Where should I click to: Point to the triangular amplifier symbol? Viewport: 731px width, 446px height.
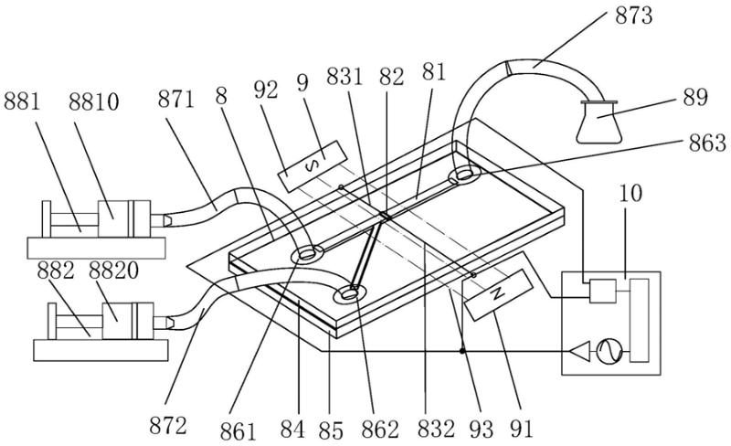click(x=579, y=351)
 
